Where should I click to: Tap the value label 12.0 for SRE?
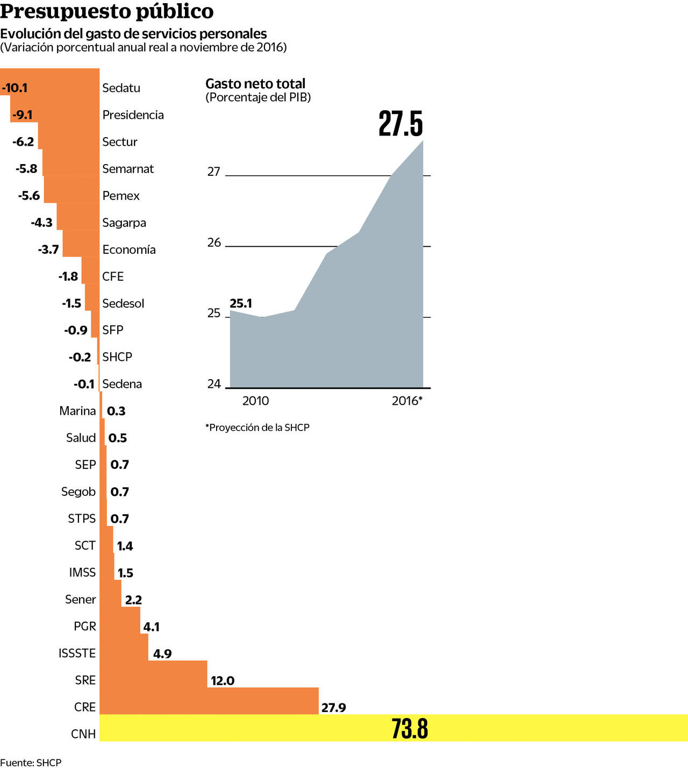tap(223, 680)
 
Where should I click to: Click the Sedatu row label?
tap(121, 88)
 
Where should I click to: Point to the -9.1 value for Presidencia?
tap(23, 115)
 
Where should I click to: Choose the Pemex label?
tap(121, 196)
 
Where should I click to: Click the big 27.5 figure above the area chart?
tap(400, 124)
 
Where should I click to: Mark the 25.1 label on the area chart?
tap(241, 303)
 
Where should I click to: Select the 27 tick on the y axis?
tap(214, 172)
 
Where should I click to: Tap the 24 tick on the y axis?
tap(214, 383)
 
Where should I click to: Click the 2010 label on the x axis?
tap(255, 401)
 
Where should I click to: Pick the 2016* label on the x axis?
tap(407, 401)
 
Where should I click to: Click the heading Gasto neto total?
tap(255, 83)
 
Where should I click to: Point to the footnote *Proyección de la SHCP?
tap(257, 428)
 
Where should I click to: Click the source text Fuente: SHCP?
tap(31, 762)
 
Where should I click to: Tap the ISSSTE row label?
tap(77, 653)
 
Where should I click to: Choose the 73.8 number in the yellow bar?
tap(410, 729)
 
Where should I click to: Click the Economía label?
tap(129, 250)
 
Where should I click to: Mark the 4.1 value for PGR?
tap(152, 627)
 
